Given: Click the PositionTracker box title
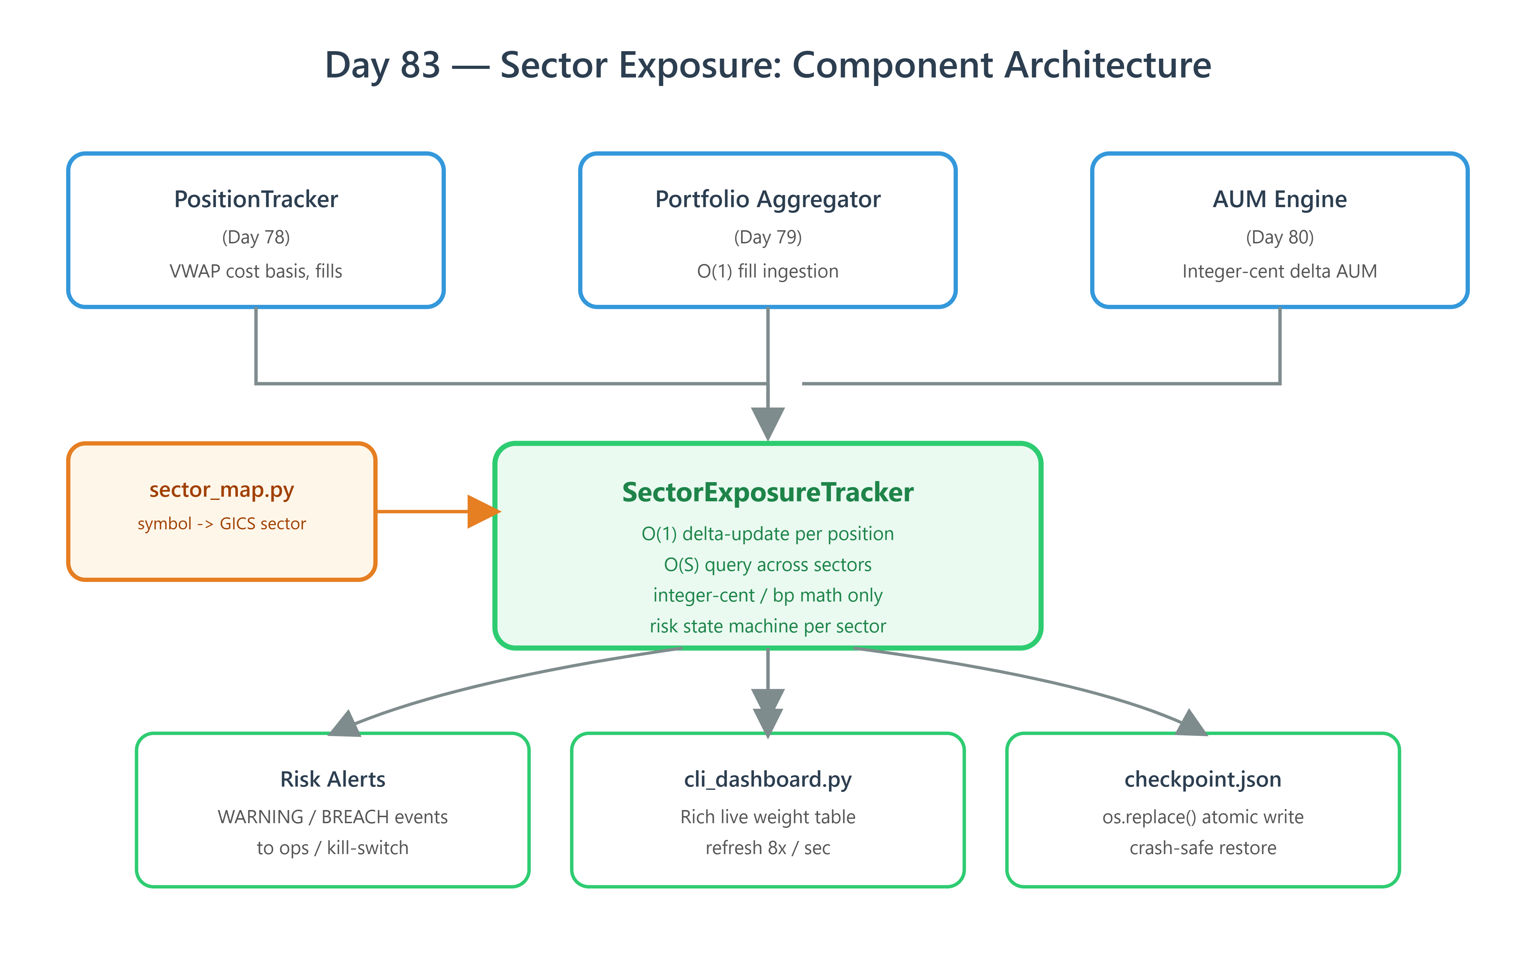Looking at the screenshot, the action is coord(256,200).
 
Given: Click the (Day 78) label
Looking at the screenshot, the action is coord(256,237).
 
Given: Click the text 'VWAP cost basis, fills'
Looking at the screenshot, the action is coord(256,271).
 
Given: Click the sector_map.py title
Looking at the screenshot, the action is coord(222,490).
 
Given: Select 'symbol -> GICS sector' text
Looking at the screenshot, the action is coord(222,524).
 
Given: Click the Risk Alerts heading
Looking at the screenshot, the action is coord(332,779).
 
